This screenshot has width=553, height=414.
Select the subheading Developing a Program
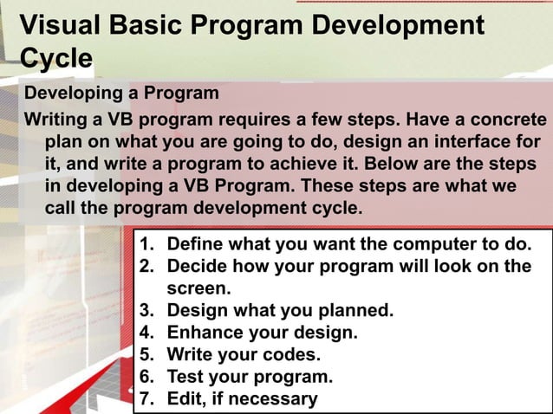point(121,93)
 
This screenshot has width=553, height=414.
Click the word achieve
point(337,164)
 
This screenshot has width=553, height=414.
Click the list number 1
point(146,244)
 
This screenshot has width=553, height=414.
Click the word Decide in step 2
point(198,266)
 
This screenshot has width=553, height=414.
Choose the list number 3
point(146,310)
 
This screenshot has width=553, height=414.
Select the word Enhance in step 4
point(205,333)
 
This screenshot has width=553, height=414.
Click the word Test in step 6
point(185,377)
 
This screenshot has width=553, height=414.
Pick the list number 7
point(146,398)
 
